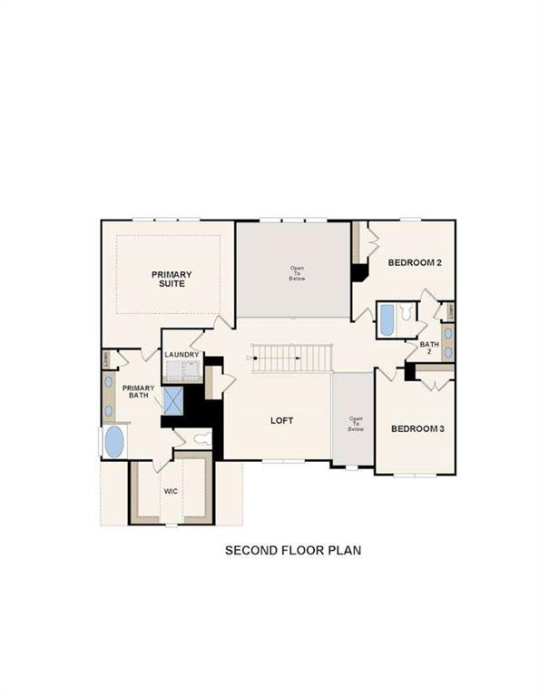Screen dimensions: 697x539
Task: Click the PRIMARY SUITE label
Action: click(168, 279)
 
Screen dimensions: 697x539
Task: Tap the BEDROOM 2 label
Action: click(415, 263)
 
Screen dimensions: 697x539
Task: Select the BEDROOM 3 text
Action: click(417, 428)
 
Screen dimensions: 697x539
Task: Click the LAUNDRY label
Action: click(181, 355)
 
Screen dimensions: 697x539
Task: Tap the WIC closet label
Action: click(171, 491)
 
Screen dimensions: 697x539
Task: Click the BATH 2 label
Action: click(429, 348)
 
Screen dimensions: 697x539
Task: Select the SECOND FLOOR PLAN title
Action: click(293, 550)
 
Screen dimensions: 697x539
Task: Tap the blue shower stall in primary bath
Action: click(174, 400)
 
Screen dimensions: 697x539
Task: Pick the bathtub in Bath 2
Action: click(386, 319)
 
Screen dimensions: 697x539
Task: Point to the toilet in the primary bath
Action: click(202, 439)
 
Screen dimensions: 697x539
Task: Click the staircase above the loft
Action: click(290, 358)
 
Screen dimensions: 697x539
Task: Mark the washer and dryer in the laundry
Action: click(181, 369)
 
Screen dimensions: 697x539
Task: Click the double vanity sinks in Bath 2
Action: click(447, 343)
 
